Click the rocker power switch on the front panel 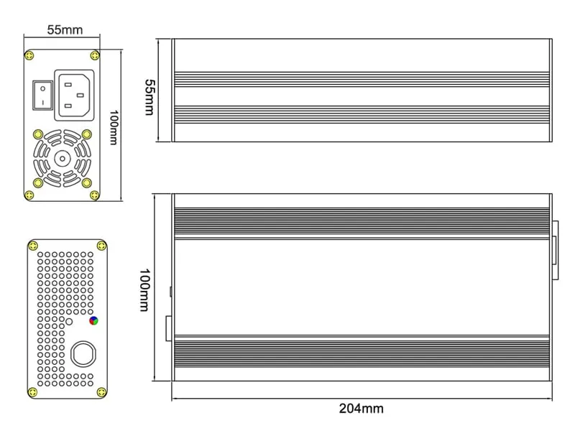pyautogui.click(x=42, y=95)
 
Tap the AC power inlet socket pyautogui.click(x=75, y=95)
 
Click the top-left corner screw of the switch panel pyautogui.click(x=29, y=55)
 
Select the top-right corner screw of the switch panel pyautogui.click(x=94, y=55)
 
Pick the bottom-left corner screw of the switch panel pyautogui.click(x=29, y=195)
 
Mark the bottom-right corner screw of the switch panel pyautogui.click(x=94, y=195)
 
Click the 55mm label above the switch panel pyautogui.click(x=65, y=30)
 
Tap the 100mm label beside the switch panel pyautogui.click(x=113, y=127)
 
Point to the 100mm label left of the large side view pyautogui.click(x=144, y=289)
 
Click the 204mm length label pyautogui.click(x=361, y=409)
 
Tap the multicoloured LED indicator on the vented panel pyautogui.click(x=93, y=321)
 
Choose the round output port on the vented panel pyautogui.click(x=83, y=354)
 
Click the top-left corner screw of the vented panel pyautogui.click(x=33, y=246)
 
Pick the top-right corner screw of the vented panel pyautogui.click(x=101, y=246)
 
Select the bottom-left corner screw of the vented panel pyautogui.click(x=33, y=391)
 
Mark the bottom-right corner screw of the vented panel pyautogui.click(x=101, y=391)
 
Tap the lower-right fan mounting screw pyautogui.click(x=87, y=182)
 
